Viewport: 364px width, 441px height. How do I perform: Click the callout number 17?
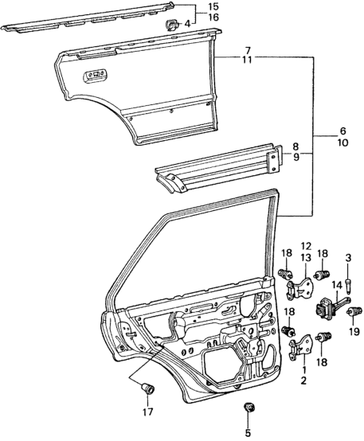(147, 412)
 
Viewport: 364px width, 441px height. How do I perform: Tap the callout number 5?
(248, 433)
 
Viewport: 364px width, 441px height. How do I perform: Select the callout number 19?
(354, 332)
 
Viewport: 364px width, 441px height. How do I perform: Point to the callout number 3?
(348, 258)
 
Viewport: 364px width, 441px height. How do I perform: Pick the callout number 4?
(187, 24)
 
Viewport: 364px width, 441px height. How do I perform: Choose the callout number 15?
(213, 6)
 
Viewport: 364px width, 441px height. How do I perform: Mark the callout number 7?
(248, 51)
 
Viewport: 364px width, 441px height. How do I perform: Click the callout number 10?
(342, 142)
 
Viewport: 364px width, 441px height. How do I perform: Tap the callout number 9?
(296, 157)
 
